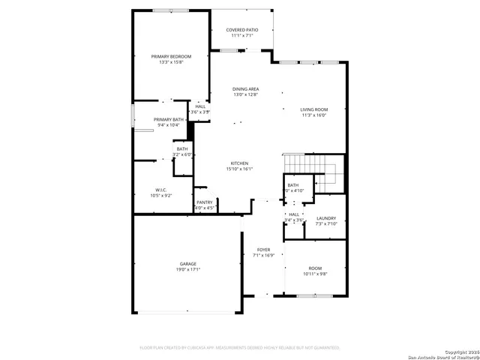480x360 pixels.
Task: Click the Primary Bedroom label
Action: (x=171, y=56)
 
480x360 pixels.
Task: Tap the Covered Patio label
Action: (x=242, y=29)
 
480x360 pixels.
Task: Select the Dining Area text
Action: (x=245, y=88)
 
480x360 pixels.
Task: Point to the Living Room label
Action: (x=315, y=109)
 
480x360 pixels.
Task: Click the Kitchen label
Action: (x=239, y=163)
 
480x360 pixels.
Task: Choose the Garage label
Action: (x=187, y=263)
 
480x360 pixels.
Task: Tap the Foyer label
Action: (x=263, y=249)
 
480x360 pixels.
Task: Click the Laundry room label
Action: (x=326, y=217)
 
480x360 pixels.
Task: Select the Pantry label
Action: (x=204, y=202)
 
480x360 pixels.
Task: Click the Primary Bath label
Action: (x=169, y=119)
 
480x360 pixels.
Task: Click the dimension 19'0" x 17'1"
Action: (x=187, y=269)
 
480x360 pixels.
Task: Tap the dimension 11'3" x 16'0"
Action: (x=315, y=115)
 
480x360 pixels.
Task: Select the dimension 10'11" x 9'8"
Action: (x=315, y=274)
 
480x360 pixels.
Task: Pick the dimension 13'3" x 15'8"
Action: (x=171, y=62)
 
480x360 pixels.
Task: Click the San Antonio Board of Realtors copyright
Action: (x=445, y=355)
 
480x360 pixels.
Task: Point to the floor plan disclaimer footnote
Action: (x=240, y=348)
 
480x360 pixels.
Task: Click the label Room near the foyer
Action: (x=315, y=268)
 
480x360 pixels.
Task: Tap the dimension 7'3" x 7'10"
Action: (x=326, y=223)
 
